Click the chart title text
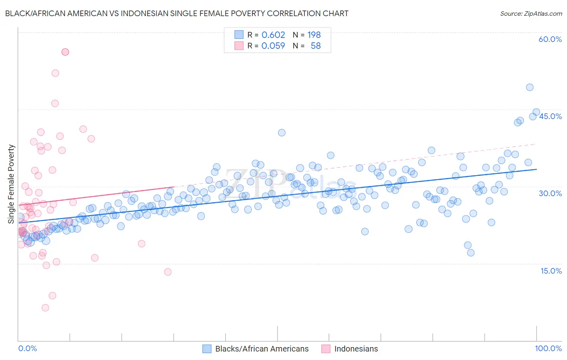pos(177,13)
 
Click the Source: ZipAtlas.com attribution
pos(531,13)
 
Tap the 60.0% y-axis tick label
pos(550,39)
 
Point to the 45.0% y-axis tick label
pos(550,116)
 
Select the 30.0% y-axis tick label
pos(550,193)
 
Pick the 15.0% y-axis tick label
pos(551,271)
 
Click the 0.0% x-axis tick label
pos(27,348)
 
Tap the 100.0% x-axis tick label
pos(548,348)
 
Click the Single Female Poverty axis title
pos(11,184)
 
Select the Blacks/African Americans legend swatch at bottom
pos(207,349)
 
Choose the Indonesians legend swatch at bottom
pos(326,349)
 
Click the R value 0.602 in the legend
pos(273,35)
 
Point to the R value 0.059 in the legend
pos(273,46)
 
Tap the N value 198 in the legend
pos(314,35)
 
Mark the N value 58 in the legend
pos(316,46)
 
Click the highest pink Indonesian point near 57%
pos(65,52)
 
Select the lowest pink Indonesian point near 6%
pos(45,308)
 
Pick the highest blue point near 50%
pos(529,87)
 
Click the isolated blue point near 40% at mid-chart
pos(281,133)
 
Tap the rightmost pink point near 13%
pos(168,272)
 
